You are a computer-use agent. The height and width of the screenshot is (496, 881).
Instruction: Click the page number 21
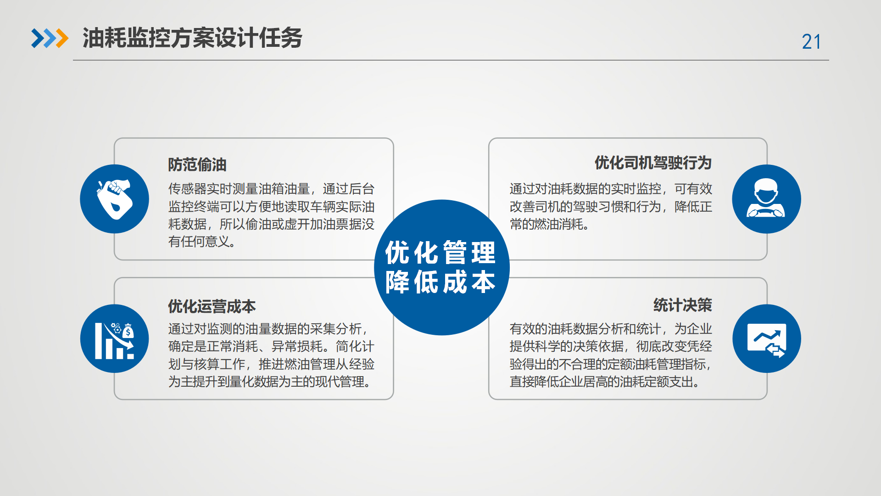click(811, 42)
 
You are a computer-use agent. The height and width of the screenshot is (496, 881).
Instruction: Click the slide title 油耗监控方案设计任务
click(192, 38)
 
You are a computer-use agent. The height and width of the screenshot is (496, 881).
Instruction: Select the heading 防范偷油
click(197, 164)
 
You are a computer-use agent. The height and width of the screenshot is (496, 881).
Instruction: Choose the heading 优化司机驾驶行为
click(653, 163)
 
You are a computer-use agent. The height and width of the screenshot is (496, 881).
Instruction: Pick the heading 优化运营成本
click(212, 306)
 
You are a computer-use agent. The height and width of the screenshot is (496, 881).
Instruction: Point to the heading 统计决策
click(683, 305)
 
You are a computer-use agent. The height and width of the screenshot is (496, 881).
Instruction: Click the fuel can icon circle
click(115, 199)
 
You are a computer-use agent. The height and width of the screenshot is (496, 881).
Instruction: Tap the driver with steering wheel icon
click(766, 199)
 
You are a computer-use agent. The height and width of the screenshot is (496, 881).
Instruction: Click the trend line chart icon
click(767, 338)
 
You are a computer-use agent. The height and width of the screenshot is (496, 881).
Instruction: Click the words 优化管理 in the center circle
click(440, 253)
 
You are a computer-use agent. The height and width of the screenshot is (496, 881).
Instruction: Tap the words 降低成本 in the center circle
click(440, 282)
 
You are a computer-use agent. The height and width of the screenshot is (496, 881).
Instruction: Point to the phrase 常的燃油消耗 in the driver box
click(546, 224)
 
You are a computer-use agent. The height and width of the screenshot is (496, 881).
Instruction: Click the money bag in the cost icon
click(128, 331)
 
